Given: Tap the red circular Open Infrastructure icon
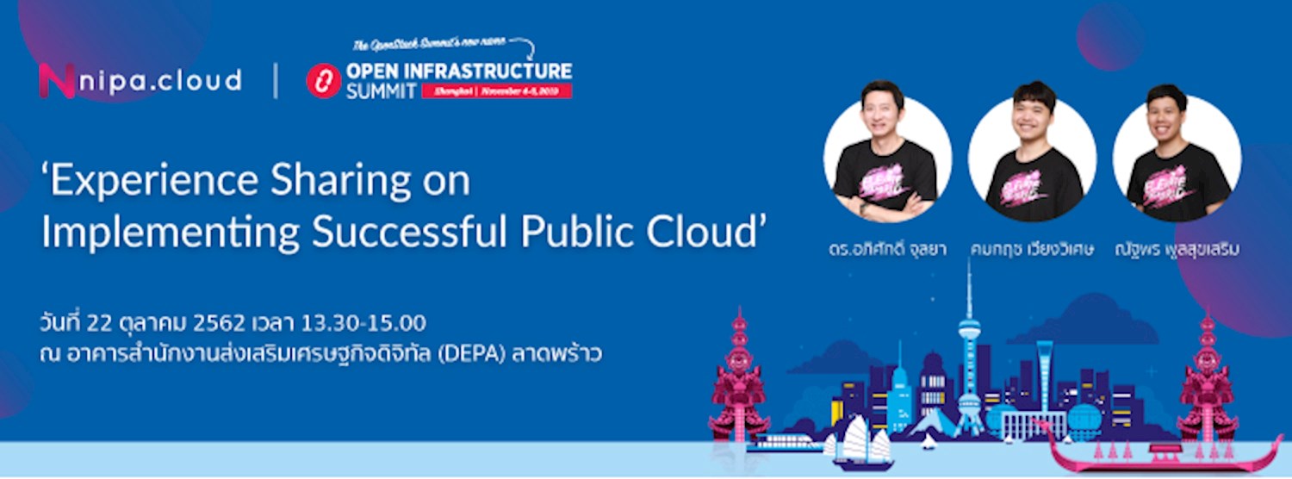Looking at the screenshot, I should click(x=324, y=82).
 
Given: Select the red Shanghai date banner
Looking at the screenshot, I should click(x=496, y=90).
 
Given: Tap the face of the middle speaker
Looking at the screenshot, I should click(x=1033, y=115).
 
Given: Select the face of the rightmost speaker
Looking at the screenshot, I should click(x=1169, y=115).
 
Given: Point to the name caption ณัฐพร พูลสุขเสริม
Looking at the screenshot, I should click(x=1177, y=251).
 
